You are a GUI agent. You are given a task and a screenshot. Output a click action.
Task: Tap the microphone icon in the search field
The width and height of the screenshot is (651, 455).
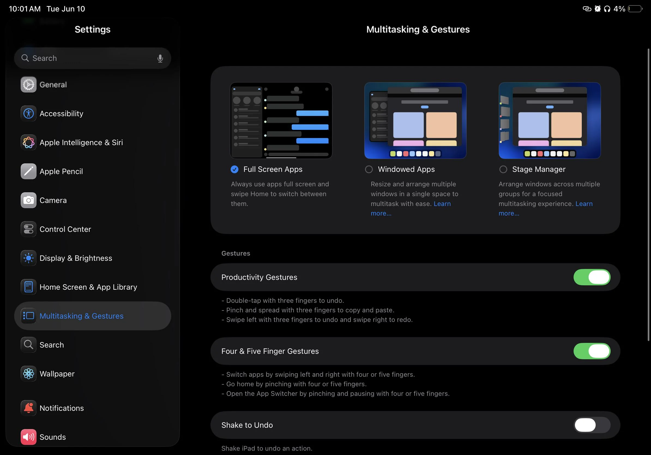tap(160, 58)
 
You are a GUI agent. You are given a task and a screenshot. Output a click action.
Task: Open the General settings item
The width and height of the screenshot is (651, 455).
tap(53, 85)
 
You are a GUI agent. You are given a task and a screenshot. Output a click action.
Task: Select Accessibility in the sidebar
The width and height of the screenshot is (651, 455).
tap(61, 113)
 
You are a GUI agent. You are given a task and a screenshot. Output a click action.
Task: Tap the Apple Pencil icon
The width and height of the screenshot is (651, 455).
tap(29, 171)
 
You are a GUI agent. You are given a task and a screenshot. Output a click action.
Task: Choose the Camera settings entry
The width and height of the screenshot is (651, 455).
tap(53, 200)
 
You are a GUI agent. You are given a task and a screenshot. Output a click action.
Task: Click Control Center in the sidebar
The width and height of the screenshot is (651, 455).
tap(65, 229)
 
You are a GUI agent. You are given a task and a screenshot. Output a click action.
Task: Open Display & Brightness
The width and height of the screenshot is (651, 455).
tap(76, 258)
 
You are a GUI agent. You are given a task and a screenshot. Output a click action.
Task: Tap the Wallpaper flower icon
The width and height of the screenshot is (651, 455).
tap(29, 374)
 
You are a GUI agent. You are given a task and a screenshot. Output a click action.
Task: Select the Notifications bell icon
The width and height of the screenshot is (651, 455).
tap(29, 408)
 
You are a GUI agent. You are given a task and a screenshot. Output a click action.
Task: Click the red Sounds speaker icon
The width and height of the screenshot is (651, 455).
tap(29, 437)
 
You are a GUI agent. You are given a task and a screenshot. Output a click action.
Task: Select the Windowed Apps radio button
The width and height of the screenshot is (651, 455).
tap(369, 169)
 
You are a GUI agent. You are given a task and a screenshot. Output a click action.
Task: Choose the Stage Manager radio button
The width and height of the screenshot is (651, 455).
tap(503, 169)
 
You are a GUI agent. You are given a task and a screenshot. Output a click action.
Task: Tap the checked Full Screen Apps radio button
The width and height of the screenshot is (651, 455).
tap(234, 169)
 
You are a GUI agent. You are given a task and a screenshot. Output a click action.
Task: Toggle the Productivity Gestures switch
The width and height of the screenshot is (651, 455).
tap(592, 277)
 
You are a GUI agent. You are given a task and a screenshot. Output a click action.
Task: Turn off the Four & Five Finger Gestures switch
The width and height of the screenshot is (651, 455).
tap(592, 351)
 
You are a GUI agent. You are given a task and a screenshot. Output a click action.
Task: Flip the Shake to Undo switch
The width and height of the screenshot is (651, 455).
tap(592, 425)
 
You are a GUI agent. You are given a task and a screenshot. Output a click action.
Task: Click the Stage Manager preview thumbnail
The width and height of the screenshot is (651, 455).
tap(550, 121)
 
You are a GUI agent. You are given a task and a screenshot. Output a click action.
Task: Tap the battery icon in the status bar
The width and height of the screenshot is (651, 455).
tap(635, 9)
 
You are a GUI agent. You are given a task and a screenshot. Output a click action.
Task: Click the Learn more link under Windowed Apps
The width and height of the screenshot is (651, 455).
tap(442, 204)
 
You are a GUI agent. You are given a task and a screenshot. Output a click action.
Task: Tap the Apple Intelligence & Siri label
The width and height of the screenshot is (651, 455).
tap(81, 142)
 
